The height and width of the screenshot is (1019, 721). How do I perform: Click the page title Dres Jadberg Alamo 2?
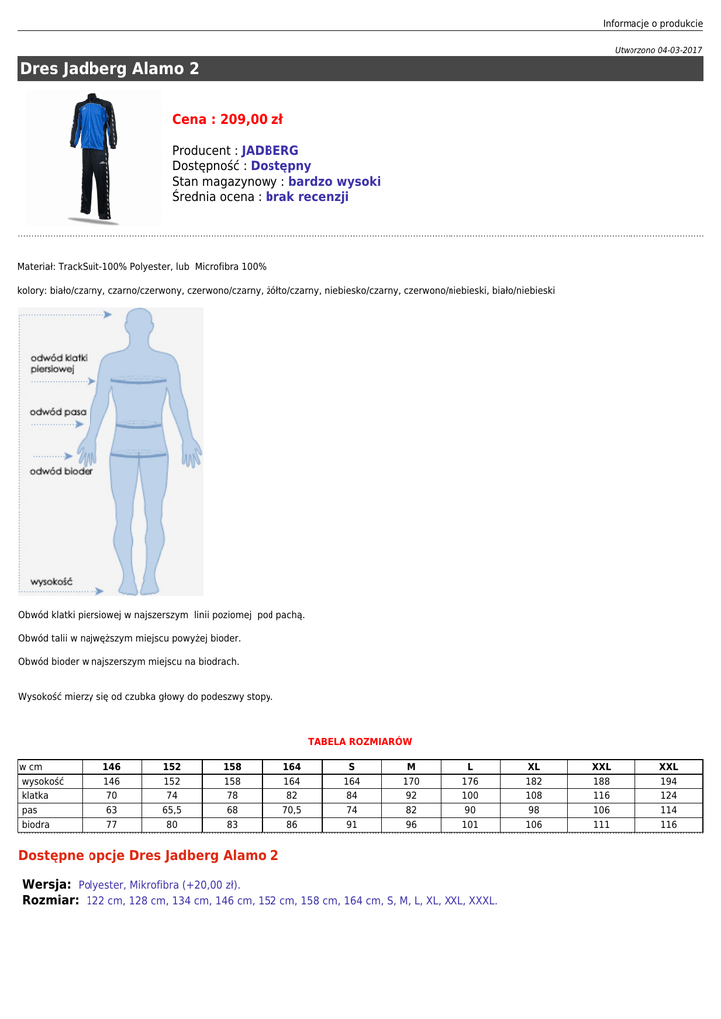pyautogui.click(x=109, y=69)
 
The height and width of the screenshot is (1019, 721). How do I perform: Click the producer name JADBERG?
pyautogui.click(x=270, y=151)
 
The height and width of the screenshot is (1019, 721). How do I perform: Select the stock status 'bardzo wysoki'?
pyautogui.click(x=334, y=182)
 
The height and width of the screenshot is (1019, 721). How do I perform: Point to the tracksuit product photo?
pyautogui.click(x=93, y=157)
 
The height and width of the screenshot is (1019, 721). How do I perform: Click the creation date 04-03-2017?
pyautogui.click(x=679, y=50)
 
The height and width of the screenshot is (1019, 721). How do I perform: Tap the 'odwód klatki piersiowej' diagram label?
pyautogui.click(x=59, y=363)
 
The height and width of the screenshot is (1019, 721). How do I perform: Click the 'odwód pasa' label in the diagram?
pyautogui.click(x=57, y=412)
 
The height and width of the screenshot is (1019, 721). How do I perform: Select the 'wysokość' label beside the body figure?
pyautogui.click(x=51, y=581)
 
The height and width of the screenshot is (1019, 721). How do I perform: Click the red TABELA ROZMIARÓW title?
pyautogui.click(x=360, y=742)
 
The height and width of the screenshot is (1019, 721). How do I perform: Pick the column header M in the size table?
pyautogui.click(x=411, y=767)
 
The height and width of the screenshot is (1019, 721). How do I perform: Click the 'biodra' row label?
pyautogui.click(x=36, y=825)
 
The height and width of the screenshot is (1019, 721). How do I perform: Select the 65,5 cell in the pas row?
pyautogui.click(x=172, y=810)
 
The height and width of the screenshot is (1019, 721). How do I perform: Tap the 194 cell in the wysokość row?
pyautogui.click(x=668, y=782)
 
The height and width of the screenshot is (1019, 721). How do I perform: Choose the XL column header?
pyautogui.click(x=534, y=767)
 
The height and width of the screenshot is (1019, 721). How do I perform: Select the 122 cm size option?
pyautogui.click(x=103, y=901)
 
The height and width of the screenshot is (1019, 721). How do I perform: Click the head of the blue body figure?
pyautogui.click(x=139, y=324)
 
